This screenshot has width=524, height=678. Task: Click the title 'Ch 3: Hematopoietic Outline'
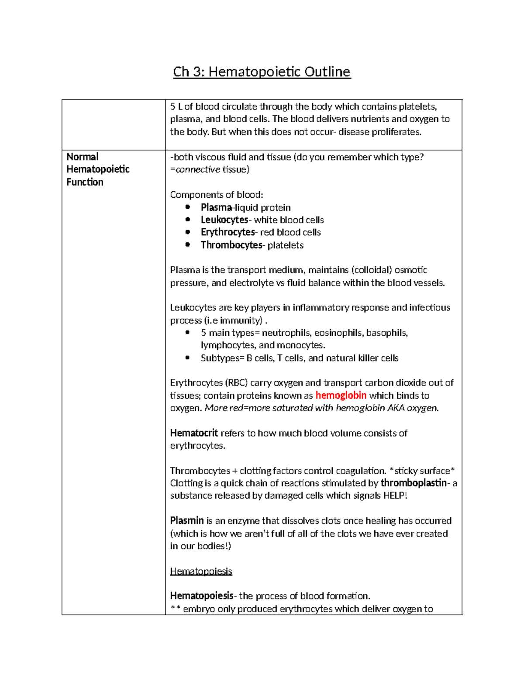262,72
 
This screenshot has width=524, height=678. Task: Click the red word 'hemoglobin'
341,396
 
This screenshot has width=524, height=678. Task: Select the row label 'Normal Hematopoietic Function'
98,169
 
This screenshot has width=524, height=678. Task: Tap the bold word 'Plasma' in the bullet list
216,207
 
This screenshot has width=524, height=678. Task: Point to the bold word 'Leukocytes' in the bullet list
224,220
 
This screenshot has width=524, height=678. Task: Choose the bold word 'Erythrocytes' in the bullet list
228,232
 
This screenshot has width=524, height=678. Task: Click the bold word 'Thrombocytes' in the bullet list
231,245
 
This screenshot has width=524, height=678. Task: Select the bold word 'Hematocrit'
193,433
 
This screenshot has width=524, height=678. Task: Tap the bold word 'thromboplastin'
414,483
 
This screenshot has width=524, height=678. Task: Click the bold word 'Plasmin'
187,520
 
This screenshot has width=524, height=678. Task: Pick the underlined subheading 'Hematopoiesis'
201,571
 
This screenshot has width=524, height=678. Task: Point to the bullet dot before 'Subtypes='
188,358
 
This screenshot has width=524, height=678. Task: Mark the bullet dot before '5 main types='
188,332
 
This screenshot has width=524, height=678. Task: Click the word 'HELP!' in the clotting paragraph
395,496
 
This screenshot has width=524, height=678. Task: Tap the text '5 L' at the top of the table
176,107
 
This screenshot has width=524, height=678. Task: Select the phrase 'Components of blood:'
217,195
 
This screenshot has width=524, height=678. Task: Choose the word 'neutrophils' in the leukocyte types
286,333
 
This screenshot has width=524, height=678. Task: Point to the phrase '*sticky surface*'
422,471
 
